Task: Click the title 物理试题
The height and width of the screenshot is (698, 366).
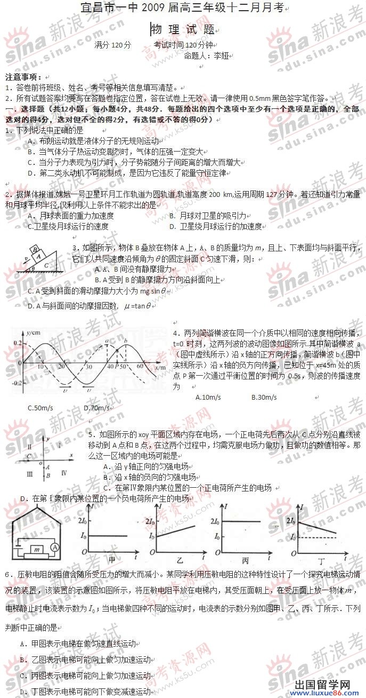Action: pos(183,29)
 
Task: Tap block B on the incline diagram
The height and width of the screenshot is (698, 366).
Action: pos(35,250)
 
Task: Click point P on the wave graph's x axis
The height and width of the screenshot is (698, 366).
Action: pos(118,367)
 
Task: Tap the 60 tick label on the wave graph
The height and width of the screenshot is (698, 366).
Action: pos(141,367)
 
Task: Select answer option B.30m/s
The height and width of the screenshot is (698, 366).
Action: pos(264,397)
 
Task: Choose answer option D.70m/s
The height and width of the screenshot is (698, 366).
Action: pos(97,408)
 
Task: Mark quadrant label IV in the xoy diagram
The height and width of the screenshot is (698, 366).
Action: pos(64,472)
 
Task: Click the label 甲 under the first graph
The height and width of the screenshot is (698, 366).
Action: pos(112,560)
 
